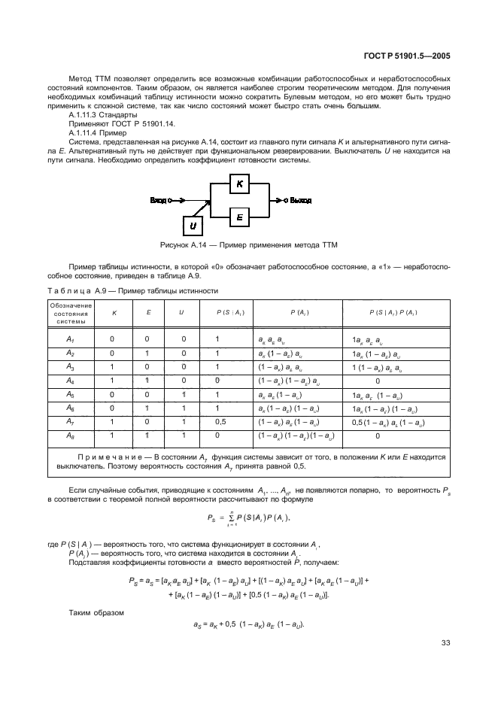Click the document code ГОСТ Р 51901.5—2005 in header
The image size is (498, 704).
[407, 54]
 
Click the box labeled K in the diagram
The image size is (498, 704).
[238, 184]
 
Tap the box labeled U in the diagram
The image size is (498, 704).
[193, 224]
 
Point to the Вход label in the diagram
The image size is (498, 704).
[159, 200]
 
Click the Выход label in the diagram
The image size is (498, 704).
[299, 200]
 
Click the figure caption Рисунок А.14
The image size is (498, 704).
[248, 245]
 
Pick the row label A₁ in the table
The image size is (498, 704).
[70, 340]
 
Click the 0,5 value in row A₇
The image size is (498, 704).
[220, 423]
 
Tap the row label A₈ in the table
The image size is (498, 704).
[70, 435]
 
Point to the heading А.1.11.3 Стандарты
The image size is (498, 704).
[102, 115]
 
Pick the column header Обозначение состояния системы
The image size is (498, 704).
[71, 311]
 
